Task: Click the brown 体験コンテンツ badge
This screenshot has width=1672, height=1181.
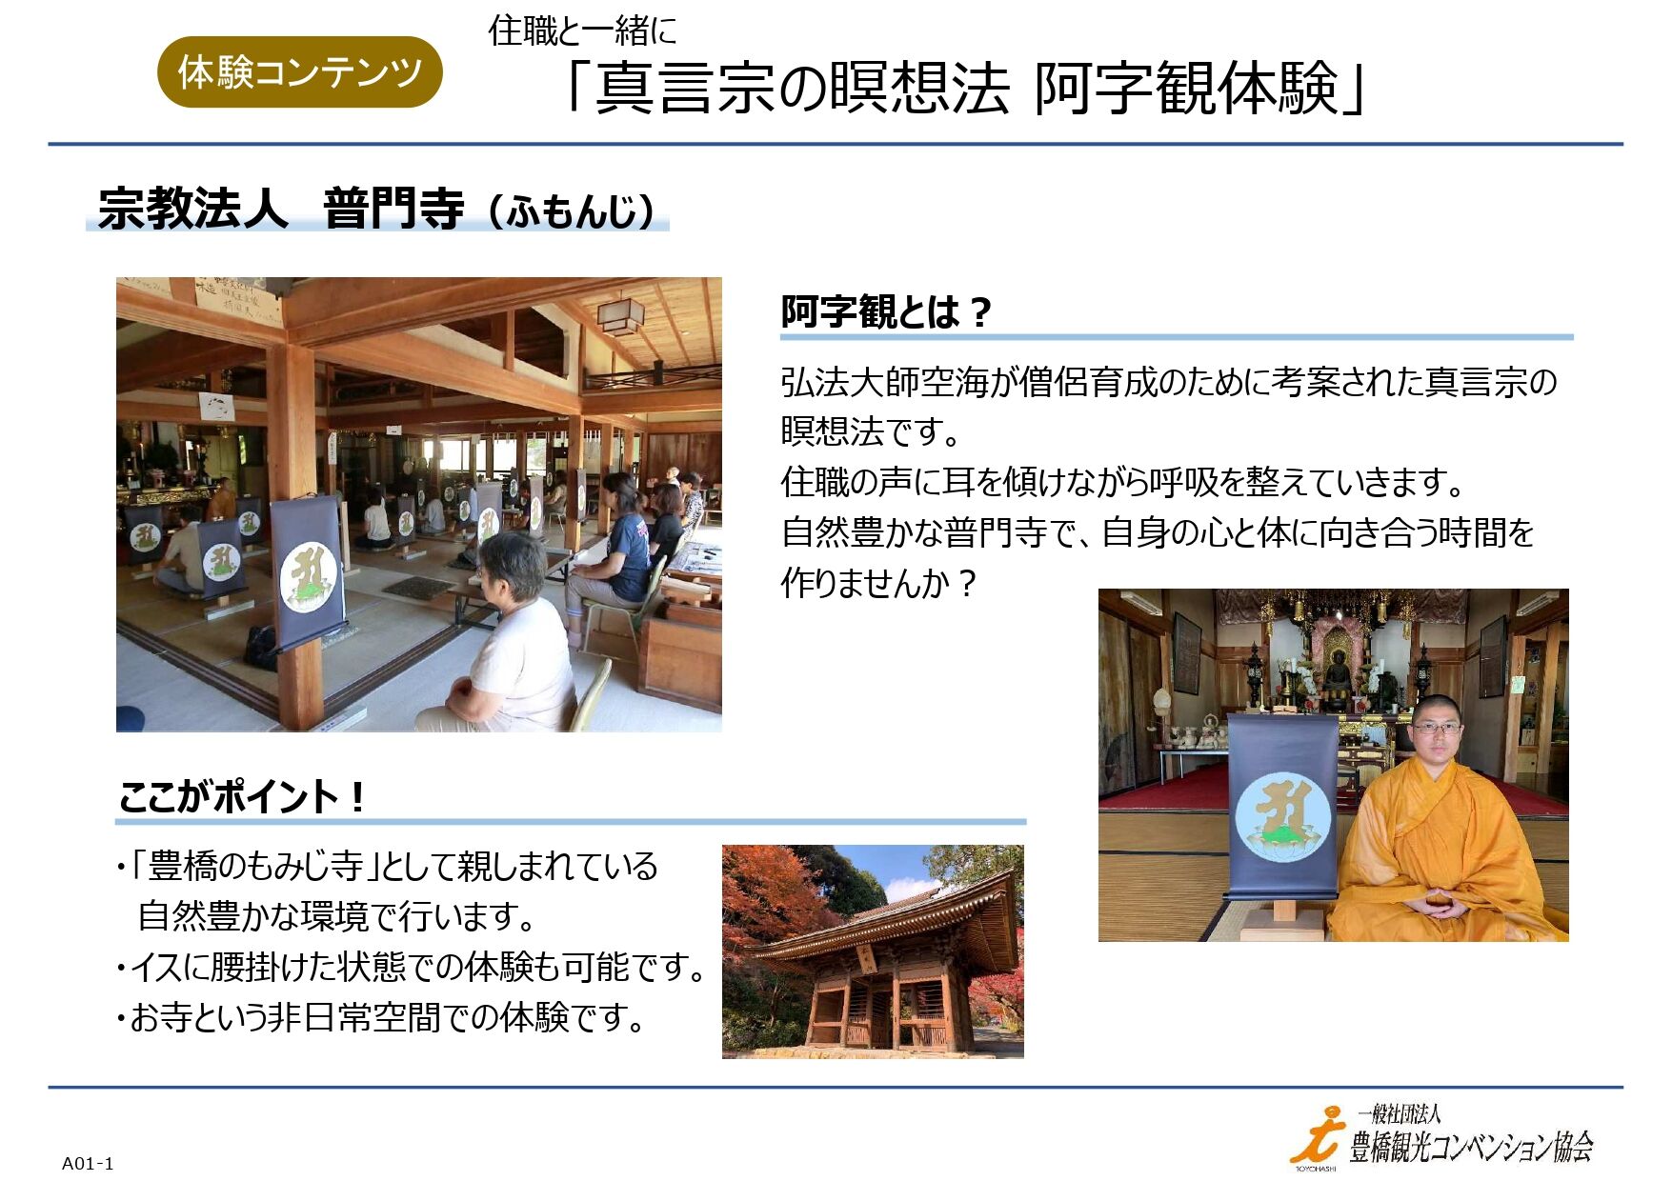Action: pyautogui.click(x=299, y=71)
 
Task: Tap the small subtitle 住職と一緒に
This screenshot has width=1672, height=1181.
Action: pyautogui.click(x=582, y=31)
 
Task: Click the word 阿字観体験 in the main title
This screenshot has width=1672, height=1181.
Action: pyautogui.click(x=1187, y=89)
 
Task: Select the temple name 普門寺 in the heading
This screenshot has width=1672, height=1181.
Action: pyautogui.click(x=393, y=209)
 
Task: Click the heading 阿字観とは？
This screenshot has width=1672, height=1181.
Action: pyautogui.click(x=886, y=311)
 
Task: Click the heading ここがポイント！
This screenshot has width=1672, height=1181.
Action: pyautogui.click(x=242, y=796)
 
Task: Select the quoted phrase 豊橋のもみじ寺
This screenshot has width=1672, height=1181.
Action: pyautogui.click(x=255, y=867)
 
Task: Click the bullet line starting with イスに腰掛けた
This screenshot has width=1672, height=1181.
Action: pyautogui.click(x=412, y=968)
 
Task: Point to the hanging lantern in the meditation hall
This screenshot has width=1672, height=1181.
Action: pyautogui.click(x=620, y=314)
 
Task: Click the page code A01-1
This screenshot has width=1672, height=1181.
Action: pyautogui.click(x=88, y=1163)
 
